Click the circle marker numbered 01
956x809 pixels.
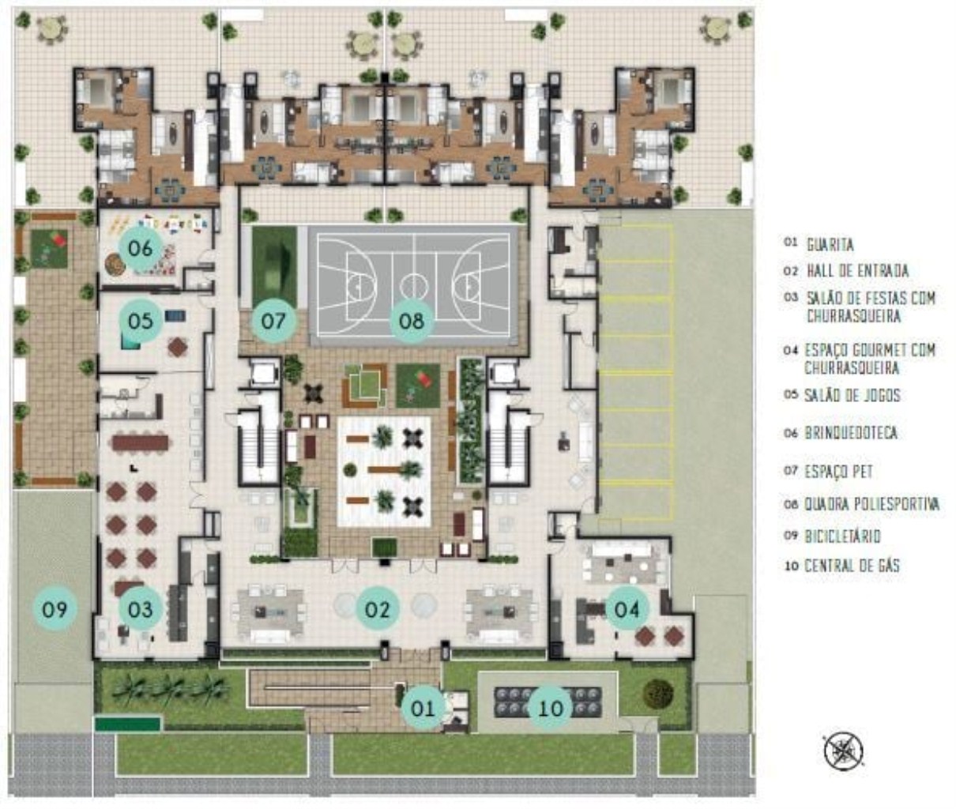423,707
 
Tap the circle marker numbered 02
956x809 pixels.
378,609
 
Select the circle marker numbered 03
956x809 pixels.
140,609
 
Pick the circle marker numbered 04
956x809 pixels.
627,609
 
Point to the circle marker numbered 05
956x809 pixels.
140,321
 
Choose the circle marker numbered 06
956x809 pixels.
140,247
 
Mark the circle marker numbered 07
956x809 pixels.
273,321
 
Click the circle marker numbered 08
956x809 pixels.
412,321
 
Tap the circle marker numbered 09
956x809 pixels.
55,609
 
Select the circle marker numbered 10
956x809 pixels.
551,707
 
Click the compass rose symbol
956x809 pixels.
843,751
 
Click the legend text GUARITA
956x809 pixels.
830,245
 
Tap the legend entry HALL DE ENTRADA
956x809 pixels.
857,271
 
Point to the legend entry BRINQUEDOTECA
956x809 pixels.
851,433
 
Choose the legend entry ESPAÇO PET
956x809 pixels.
839,472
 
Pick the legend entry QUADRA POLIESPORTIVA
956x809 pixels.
871,503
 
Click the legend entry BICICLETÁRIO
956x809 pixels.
842,536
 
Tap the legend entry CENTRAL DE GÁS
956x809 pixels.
852,566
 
